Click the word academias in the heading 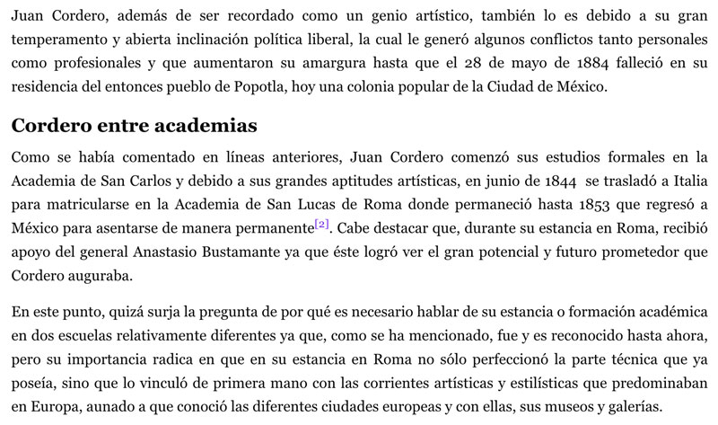pos(195,125)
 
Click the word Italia pos(689,181)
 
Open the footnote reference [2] pos(322,223)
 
